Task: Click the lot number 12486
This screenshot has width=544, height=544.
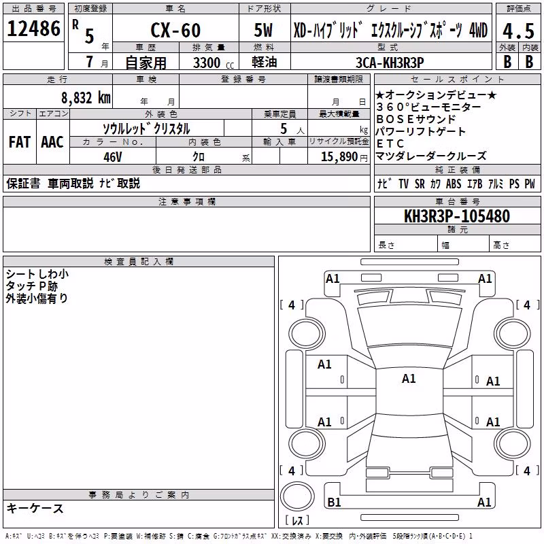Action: [33, 29]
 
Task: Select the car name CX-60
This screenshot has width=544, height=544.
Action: [175, 30]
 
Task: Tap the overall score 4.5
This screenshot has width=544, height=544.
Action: [518, 31]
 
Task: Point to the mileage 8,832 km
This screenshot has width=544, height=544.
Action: [86, 98]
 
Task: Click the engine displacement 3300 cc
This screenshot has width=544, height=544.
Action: [214, 63]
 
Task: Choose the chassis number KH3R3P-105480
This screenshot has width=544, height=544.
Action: [457, 216]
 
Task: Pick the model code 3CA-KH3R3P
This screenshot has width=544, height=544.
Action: [390, 63]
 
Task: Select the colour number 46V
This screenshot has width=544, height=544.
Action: [113, 157]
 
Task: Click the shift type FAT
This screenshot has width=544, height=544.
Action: [20, 142]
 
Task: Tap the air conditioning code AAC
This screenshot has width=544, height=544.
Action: [52, 142]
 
